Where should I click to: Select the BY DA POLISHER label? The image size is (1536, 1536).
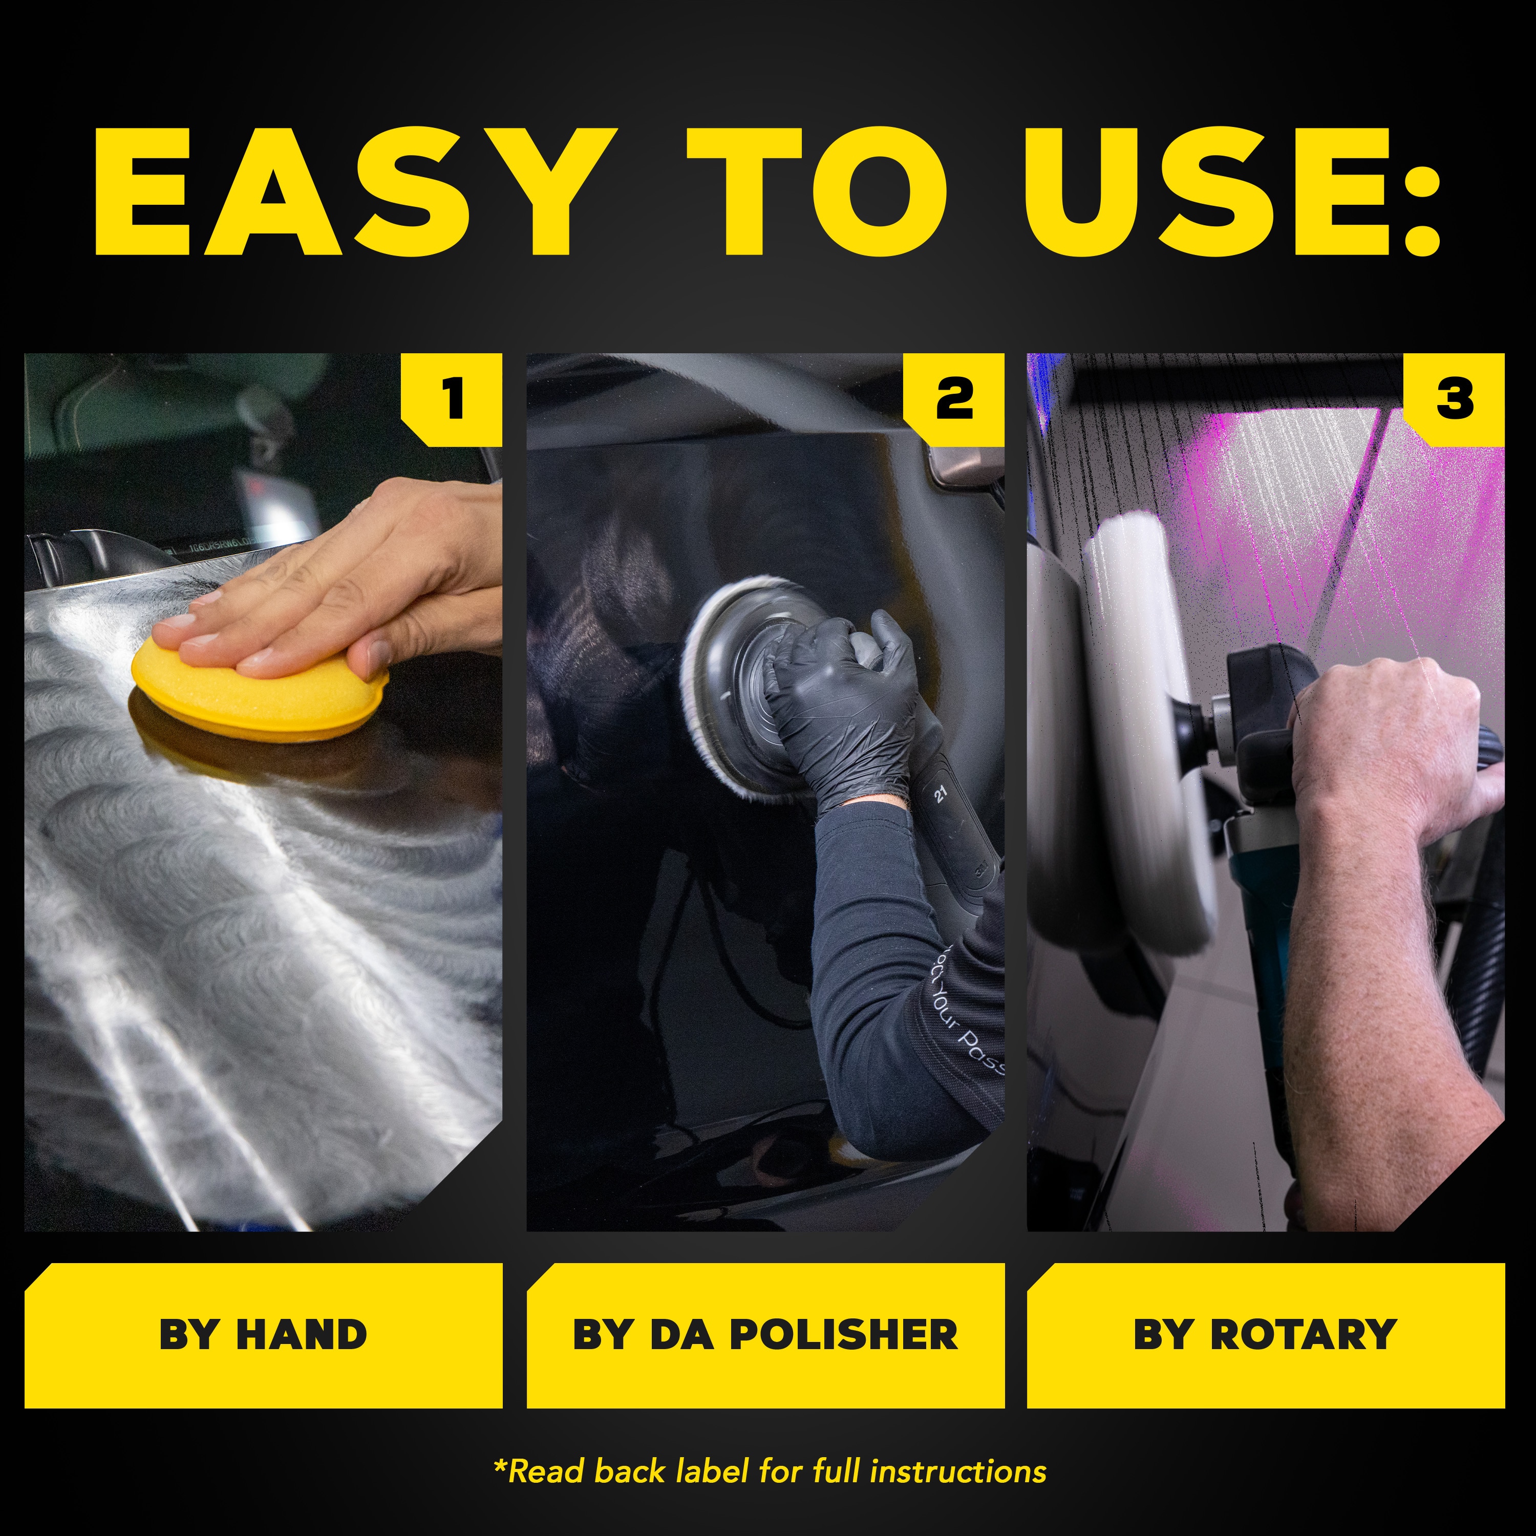click(765, 1335)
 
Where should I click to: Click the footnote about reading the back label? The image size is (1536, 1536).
click(769, 1471)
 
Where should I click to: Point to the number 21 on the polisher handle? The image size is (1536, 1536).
click(941, 794)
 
